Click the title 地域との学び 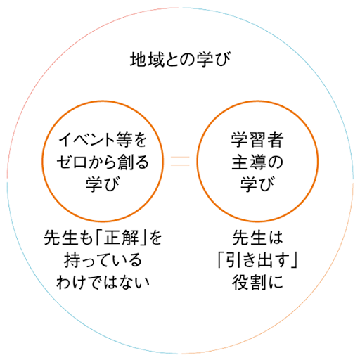coord(180,60)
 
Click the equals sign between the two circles coord(180,161)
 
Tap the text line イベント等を coord(103,140)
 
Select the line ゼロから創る coord(103,162)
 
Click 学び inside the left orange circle coord(103,184)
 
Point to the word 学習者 coord(257,140)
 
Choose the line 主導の coord(257,162)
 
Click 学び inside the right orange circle coord(257,184)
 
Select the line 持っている coord(103,260)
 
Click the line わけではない coord(103,282)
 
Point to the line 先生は coord(257,238)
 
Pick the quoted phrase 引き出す coord(257,260)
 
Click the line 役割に coord(257,282)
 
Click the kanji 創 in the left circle coord(125,162)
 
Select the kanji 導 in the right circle coord(257,162)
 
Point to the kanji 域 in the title coord(156,60)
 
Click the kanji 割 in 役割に coord(257,282)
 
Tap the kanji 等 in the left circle coord(124,140)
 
